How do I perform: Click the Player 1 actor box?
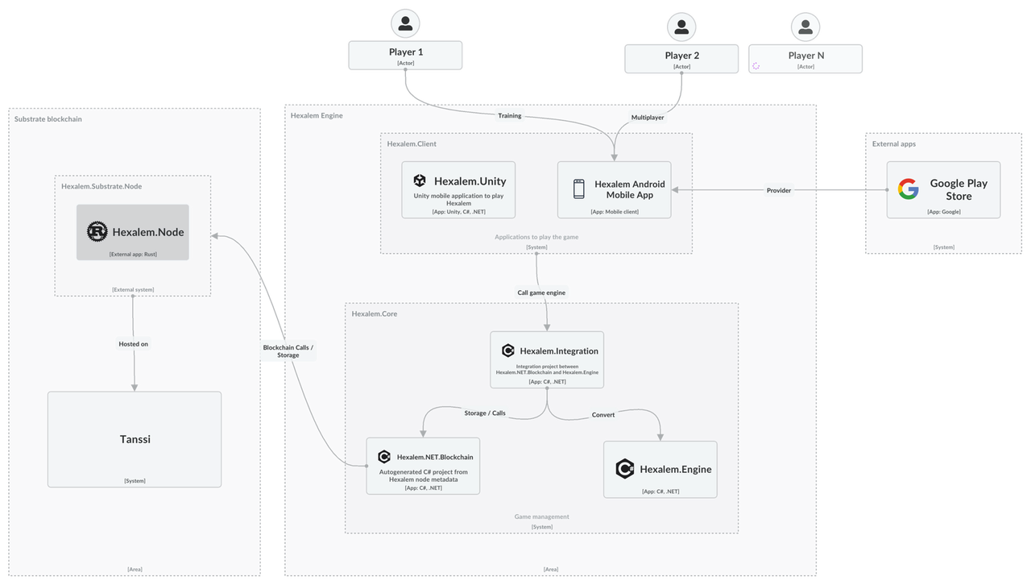point(406,56)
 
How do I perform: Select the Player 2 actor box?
point(681,59)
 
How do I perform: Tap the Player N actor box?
point(805,59)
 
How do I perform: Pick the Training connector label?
point(509,115)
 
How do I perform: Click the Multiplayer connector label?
point(648,117)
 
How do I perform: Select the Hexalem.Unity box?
point(459,190)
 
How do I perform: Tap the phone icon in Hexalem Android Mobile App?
point(578,189)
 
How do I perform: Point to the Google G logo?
point(909,189)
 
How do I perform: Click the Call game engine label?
point(541,292)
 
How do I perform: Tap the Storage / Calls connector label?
point(485,413)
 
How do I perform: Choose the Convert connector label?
point(603,414)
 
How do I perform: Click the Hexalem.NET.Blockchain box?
point(424,467)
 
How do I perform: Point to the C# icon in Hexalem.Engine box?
point(624,469)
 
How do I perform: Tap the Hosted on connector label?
point(134,343)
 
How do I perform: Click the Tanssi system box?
point(135,440)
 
